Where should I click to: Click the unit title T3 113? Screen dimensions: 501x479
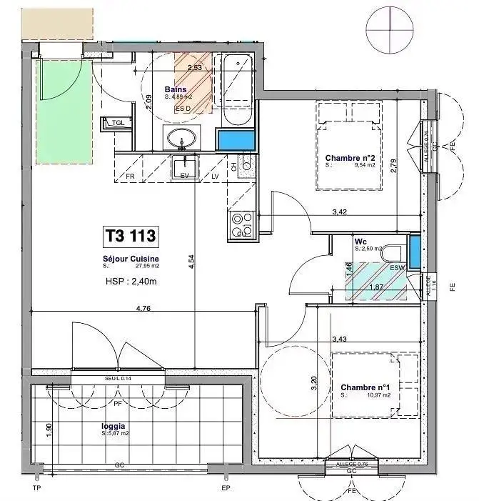130,234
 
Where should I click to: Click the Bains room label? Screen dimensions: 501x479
176,89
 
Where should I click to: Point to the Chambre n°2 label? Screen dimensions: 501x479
350,158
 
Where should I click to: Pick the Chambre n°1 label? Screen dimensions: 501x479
365,388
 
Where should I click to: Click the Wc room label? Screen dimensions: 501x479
360,242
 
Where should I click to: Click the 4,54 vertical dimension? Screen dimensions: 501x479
191,263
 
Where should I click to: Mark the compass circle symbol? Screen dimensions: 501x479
389,29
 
